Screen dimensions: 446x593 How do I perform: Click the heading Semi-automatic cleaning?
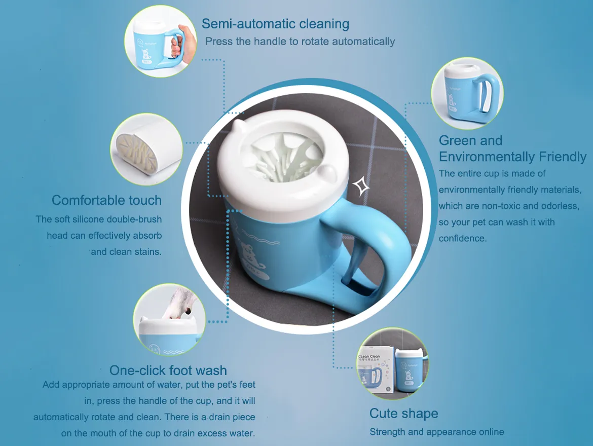275,24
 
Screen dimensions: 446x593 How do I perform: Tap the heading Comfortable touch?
106,200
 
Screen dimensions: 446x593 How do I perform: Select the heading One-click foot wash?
168,370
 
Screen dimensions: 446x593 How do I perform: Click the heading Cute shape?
403,414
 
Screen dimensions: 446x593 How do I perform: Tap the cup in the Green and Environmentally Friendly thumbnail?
464,96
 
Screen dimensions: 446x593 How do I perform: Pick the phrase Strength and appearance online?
436,432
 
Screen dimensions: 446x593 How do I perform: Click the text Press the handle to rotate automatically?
300,42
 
